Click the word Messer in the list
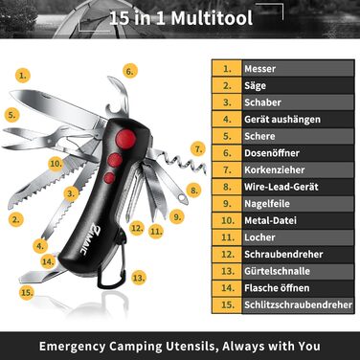click(x=259, y=69)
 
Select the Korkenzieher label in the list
click(x=275, y=169)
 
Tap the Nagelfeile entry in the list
click(x=267, y=204)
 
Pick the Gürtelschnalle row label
click(x=277, y=271)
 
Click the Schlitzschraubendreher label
click(x=299, y=304)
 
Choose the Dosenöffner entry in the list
click(x=272, y=153)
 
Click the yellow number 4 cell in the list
click(x=227, y=120)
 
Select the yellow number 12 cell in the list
click(x=227, y=255)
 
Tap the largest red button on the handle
click(x=126, y=139)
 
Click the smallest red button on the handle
click(x=109, y=178)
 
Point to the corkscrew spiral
click(x=184, y=162)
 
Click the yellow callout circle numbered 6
click(x=129, y=71)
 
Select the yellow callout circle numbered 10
click(x=56, y=164)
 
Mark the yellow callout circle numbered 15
click(x=27, y=292)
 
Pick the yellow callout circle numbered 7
click(x=198, y=149)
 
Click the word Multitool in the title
click(x=212, y=18)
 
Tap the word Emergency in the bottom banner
click(x=72, y=347)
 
